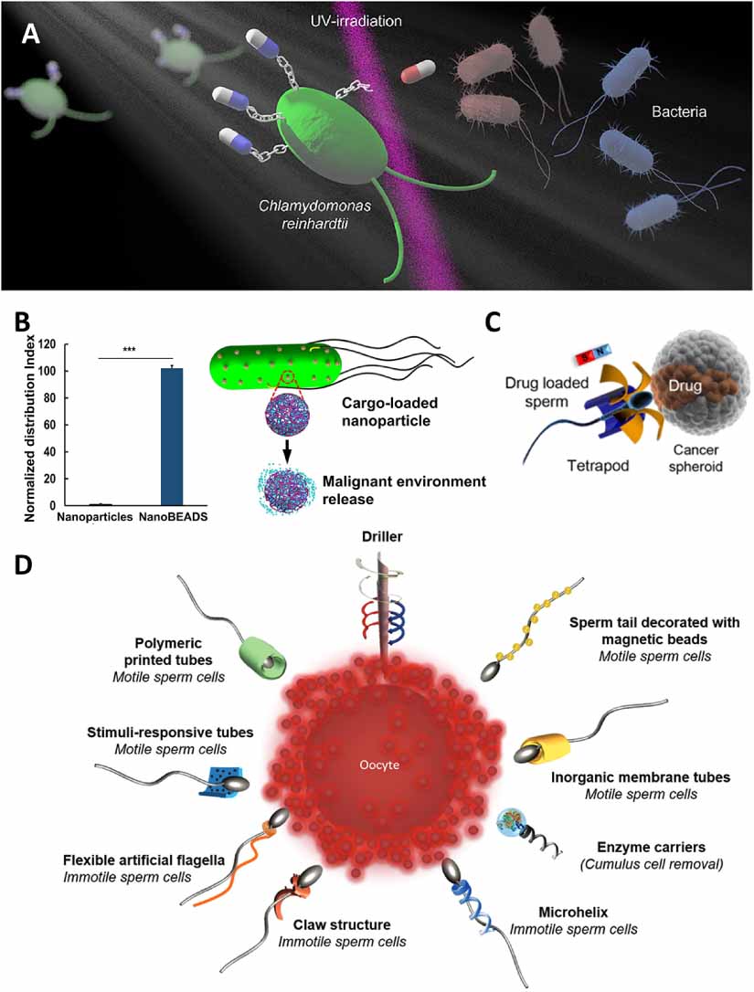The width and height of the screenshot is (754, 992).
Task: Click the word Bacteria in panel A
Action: (x=681, y=112)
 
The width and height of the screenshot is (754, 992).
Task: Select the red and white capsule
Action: (x=419, y=73)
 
